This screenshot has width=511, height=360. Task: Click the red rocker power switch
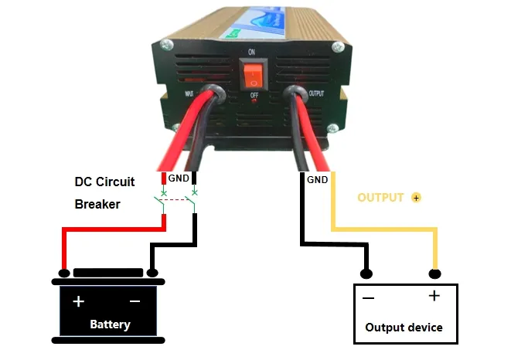pos(252,76)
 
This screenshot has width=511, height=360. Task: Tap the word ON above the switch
pos(251,52)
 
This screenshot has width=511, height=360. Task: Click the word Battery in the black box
pos(110,324)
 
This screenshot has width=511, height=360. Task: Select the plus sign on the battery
pos(78,301)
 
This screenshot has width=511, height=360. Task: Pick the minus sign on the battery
pos(135,301)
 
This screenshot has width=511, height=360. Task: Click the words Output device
pos(404,328)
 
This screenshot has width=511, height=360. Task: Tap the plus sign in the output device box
pos(434,296)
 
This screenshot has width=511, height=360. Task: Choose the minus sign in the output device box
pos(369,297)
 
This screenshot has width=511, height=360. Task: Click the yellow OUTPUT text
pos(380,198)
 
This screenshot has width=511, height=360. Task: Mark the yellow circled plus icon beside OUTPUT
pos(417,198)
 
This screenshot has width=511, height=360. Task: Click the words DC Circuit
pos(104,182)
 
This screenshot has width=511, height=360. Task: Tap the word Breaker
pos(97,205)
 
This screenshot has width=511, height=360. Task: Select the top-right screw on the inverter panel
pos(336,47)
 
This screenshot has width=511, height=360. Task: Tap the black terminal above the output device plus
pos(435,273)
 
